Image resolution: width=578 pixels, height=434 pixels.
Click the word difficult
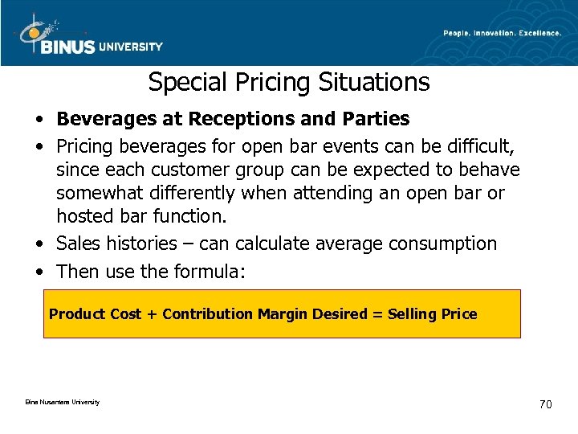(x=479, y=147)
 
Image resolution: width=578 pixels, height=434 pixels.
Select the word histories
(x=133, y=244)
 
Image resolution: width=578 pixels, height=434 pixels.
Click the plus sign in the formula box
(x=152, y=314)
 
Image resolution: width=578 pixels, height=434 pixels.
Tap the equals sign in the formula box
(x=377, y=314)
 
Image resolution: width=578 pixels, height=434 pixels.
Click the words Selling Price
(x=433, y=314)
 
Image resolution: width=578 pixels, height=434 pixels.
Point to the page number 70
(x=545, y=404)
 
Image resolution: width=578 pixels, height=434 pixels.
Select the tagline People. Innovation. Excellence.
(x=503, y=33)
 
